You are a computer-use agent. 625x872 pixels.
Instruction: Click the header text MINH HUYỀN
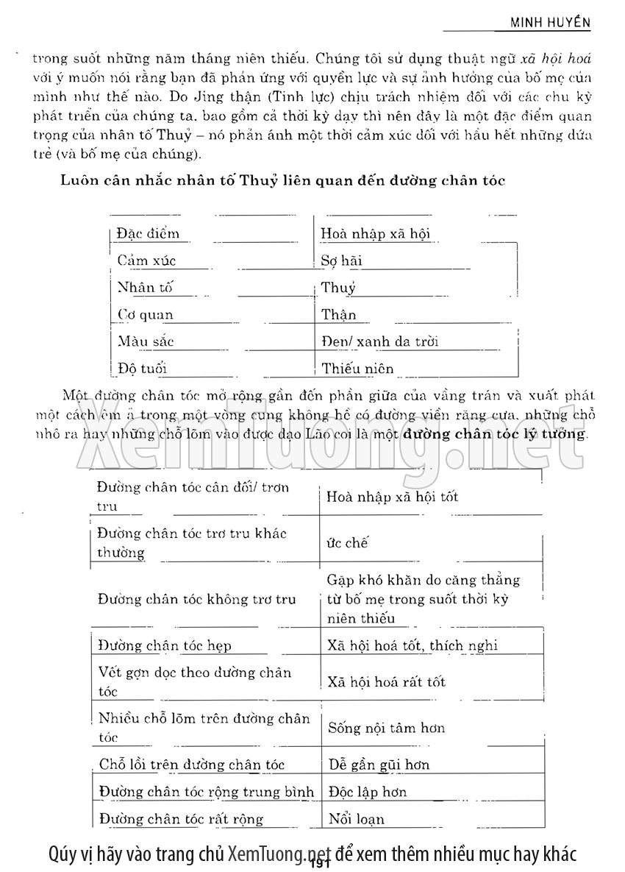point(551,22)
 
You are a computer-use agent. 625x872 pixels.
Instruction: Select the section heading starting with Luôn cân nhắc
point(282,180)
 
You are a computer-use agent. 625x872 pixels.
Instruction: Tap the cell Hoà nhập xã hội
point(376,234)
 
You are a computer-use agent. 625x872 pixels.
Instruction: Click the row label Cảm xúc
point(146,260)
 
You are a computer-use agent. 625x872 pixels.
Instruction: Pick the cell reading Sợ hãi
point(342,260)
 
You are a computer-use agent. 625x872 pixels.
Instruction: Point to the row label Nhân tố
point(146,288)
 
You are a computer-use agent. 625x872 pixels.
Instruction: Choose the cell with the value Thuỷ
point(338,288)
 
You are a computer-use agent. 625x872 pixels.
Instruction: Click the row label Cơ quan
point(146,315)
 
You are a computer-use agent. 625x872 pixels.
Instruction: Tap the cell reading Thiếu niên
point(357,368)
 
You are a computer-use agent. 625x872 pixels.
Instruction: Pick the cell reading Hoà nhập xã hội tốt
point(393,497)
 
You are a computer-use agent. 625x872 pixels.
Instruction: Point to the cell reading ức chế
point(347,543)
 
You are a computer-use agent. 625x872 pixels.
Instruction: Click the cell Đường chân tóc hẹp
point(164,645)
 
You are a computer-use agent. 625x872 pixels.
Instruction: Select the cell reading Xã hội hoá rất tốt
point(387,682)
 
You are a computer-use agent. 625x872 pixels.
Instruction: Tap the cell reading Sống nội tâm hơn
point(387,729)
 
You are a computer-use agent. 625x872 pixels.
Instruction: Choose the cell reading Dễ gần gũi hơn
point(379,765)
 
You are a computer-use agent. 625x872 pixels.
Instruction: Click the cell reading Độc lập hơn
point(368,792)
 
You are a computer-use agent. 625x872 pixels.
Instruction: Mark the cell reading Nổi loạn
point(357,818)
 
